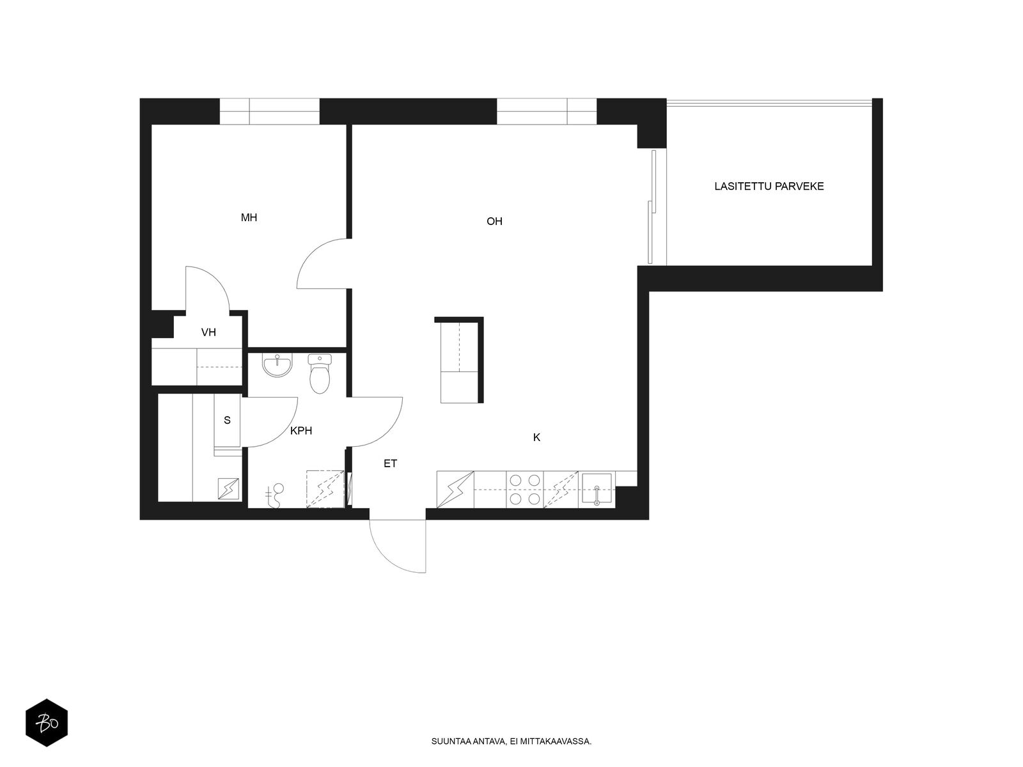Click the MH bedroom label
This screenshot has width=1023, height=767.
[249, 217]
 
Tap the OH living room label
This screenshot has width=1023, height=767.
[494, 221]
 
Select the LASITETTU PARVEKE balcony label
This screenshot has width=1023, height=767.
[769, 186]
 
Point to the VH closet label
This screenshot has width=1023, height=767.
[208, 332]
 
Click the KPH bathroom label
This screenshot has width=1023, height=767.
[301, 431]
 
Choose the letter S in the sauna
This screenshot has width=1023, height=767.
[227, 420]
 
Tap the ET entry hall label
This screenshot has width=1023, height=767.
[390, 463]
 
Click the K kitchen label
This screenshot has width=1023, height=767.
[536, 437]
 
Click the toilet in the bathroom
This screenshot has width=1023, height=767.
[319, 373]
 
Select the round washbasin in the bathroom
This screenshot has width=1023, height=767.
[277, 366]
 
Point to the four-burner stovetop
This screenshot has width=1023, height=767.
[525, 490]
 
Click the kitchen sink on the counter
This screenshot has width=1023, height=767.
[597, 490]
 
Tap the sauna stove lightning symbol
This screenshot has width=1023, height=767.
[229, 489]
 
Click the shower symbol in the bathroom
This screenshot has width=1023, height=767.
[275, 495]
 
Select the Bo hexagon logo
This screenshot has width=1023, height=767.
[47, 723]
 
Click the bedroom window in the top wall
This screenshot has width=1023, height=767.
[269, 111]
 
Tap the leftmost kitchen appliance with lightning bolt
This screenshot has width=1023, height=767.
[455, 490]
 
